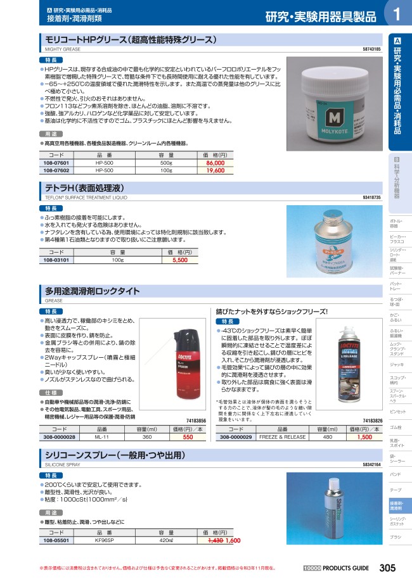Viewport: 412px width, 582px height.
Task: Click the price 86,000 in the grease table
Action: coord(216,163)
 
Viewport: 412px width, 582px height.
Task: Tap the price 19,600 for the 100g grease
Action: coord(216,170)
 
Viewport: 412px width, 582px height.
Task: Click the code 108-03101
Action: coord(55,260)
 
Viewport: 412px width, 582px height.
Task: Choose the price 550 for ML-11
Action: coord(188,437)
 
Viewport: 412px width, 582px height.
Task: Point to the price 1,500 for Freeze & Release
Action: coord(364,437)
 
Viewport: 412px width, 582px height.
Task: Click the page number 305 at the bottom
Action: coord(388,568)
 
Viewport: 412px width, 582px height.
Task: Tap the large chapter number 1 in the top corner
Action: coord(397,15)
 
